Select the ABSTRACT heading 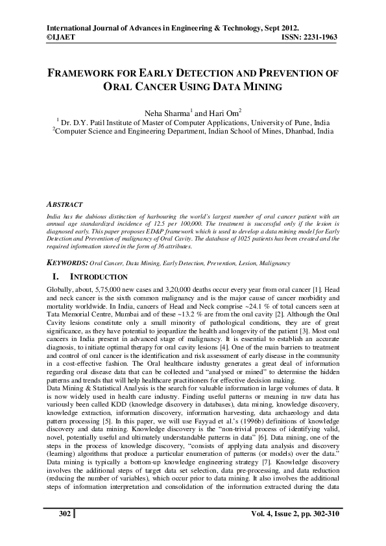click(66, 204)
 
